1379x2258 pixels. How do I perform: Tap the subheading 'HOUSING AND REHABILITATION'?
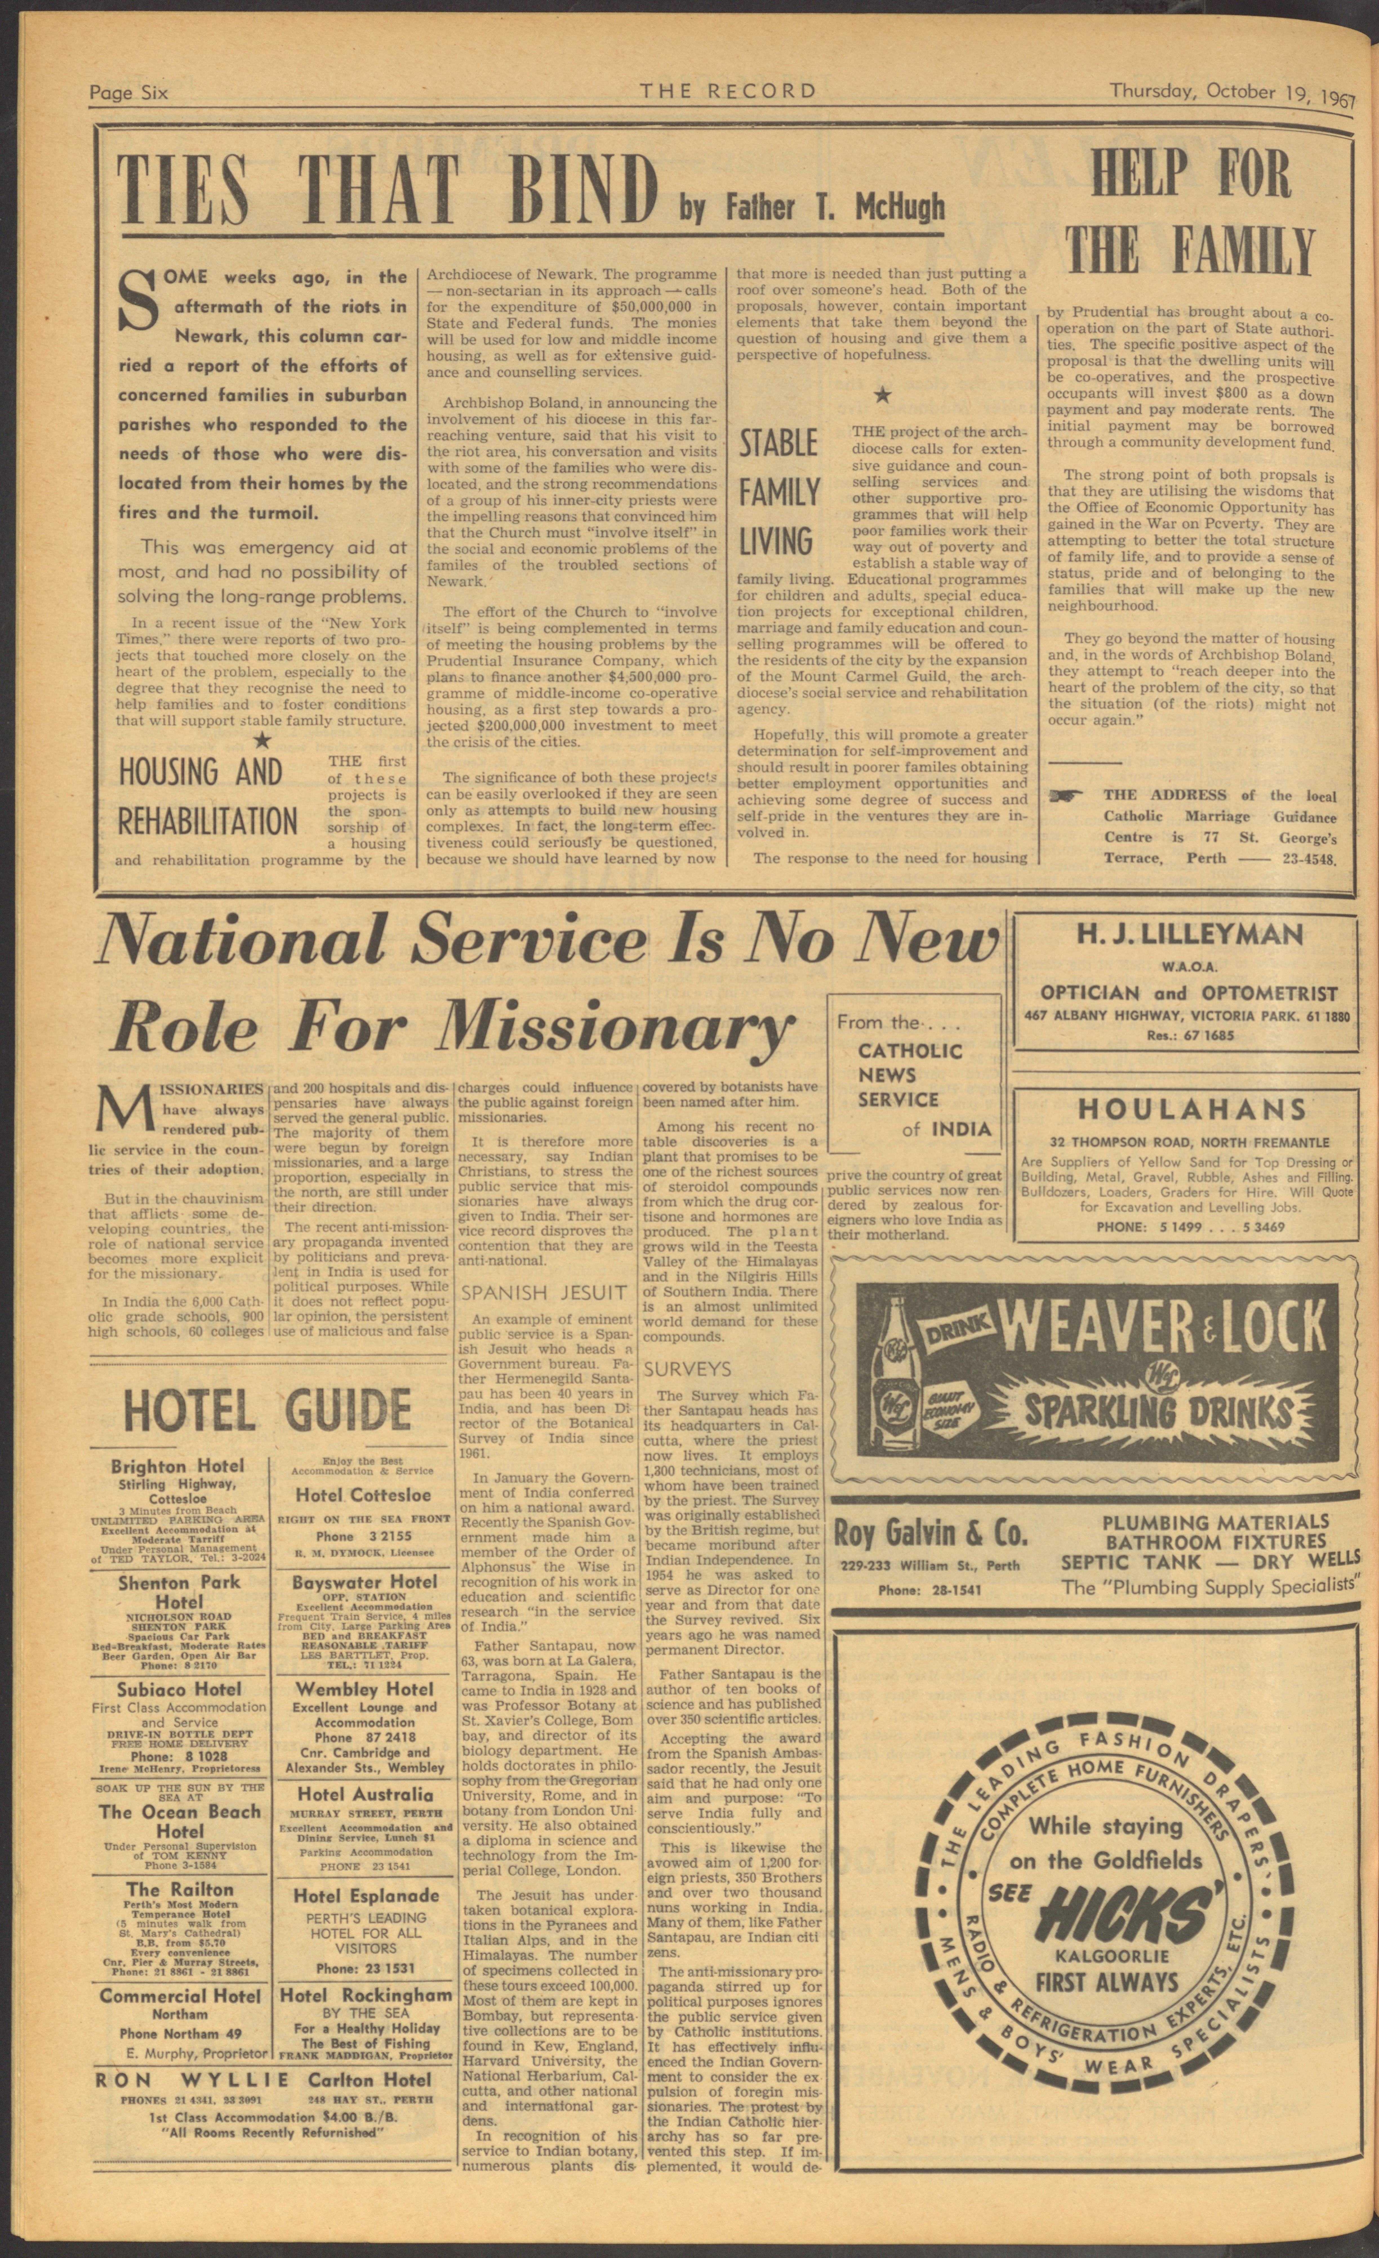coord(209,795)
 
